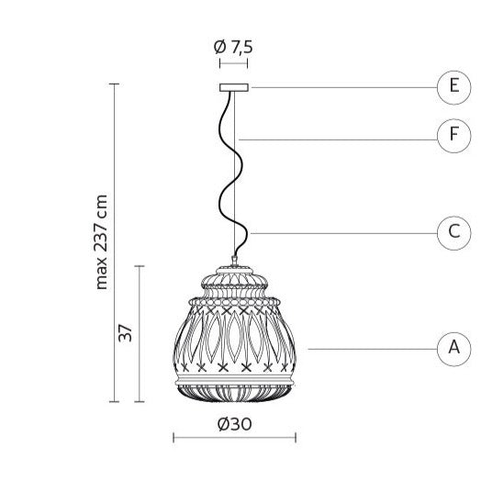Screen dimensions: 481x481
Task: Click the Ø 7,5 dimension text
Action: (x=233, y=47)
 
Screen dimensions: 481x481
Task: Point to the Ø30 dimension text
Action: (x=235, y=424)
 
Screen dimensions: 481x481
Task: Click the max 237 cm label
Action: (x=102, y=242)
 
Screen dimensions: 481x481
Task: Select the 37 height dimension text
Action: (x=126, y=333)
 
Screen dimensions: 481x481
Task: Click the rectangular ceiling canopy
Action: (x=234, y=87)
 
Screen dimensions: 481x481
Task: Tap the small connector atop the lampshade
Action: (x=234, y=261)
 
